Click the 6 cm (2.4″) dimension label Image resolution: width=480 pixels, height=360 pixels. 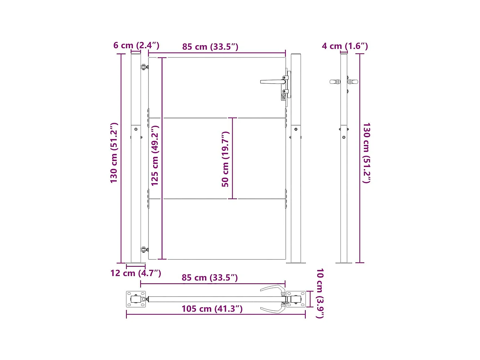136,45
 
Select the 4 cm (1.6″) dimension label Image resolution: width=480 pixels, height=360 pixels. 345,46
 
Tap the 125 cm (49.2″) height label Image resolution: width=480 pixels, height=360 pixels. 155,156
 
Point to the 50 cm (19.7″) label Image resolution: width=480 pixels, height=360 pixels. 225,159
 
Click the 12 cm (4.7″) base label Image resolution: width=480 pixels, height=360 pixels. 136,273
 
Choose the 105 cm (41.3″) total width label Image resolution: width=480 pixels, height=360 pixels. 212,309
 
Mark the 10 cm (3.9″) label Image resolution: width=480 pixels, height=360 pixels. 320,293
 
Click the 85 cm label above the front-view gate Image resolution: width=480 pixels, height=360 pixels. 210,47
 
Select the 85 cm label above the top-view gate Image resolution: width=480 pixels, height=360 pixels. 210,277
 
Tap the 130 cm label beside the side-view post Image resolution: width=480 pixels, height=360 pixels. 366,153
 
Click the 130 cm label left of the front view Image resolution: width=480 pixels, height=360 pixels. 114,153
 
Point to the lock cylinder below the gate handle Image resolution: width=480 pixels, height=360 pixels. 283,96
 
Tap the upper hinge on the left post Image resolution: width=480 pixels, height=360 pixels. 144,67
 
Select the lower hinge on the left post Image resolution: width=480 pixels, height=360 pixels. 144,250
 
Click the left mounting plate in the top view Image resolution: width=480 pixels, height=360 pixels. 136,299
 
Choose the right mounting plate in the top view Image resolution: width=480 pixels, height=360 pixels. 296,299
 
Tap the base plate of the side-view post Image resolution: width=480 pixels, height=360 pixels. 344,263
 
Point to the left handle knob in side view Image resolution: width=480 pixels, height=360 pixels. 335,82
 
